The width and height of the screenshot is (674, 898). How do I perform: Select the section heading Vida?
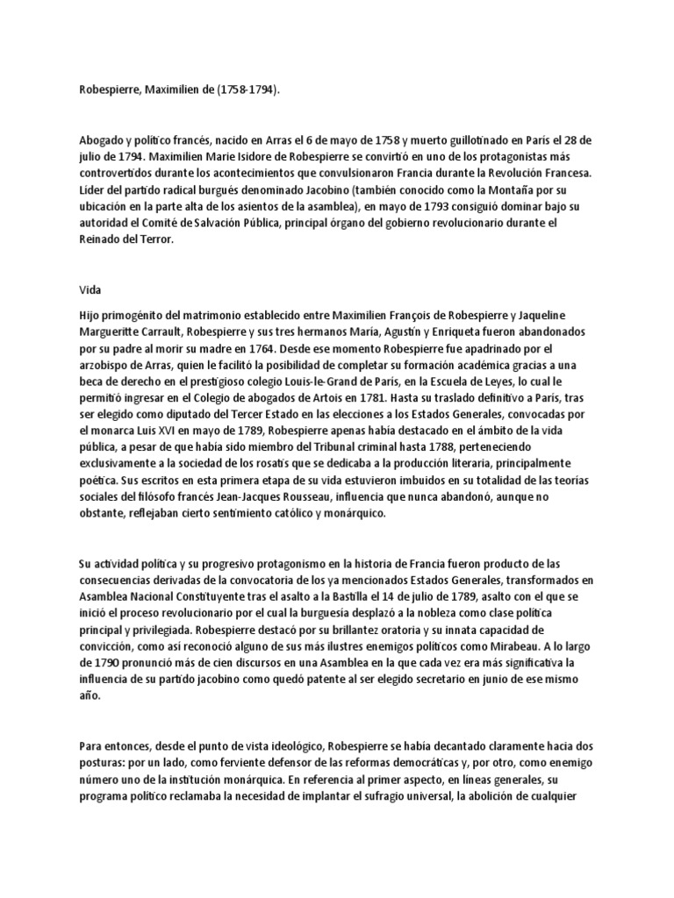(x=90, y=286)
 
